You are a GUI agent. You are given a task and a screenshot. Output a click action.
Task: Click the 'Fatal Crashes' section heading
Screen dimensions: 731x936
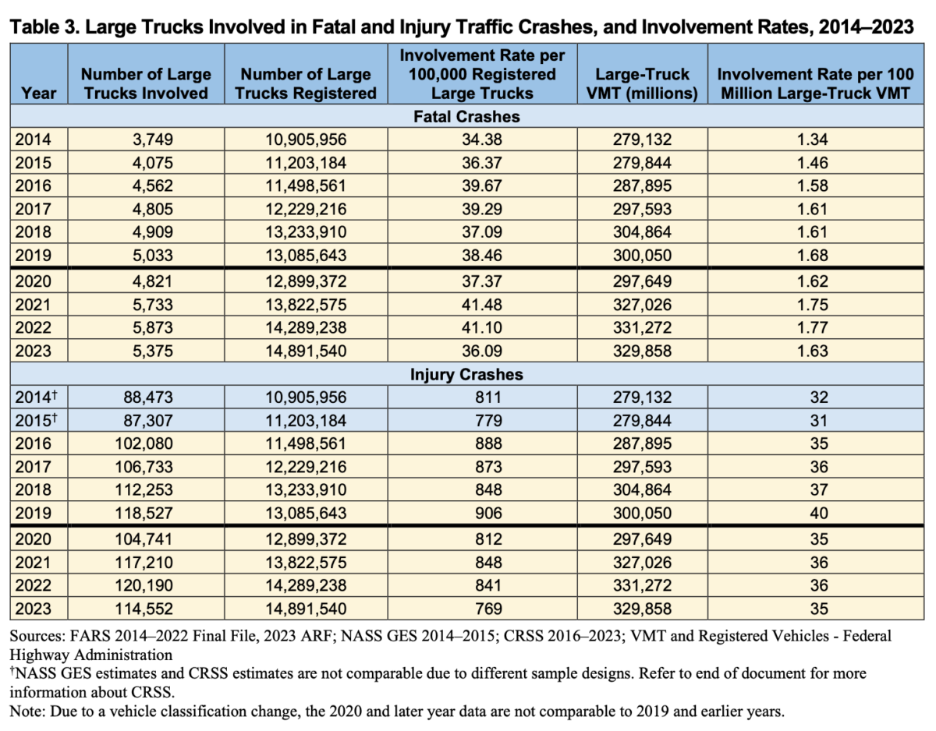tap(466, 117)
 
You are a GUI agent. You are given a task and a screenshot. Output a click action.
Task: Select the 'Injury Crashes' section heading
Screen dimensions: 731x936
tap(466, 374)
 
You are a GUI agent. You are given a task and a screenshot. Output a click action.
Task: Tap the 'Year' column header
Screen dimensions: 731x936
tap(39, 92)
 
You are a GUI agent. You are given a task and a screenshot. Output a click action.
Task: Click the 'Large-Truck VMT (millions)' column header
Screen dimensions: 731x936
tap(643, 83)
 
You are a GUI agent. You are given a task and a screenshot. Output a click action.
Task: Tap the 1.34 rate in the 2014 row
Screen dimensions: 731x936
tap(817, 140)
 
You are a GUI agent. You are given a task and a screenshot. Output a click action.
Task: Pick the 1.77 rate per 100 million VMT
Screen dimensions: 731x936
tap(817, 328)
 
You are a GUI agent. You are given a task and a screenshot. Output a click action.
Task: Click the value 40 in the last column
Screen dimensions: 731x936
tap(817, 515)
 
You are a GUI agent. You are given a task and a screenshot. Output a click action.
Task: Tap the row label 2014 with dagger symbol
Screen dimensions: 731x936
tap(35, 398)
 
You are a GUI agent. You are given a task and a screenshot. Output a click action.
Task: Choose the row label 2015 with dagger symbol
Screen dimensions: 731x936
tap(35, 422)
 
